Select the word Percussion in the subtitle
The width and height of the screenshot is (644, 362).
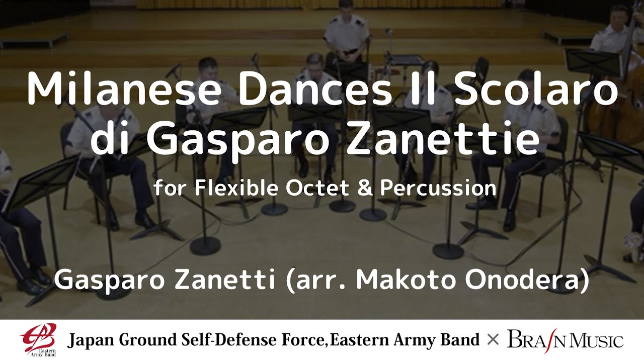pyautogui.click(x=438, y=188)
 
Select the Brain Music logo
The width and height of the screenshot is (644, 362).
pyautogui.click(x=565, y=340)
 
